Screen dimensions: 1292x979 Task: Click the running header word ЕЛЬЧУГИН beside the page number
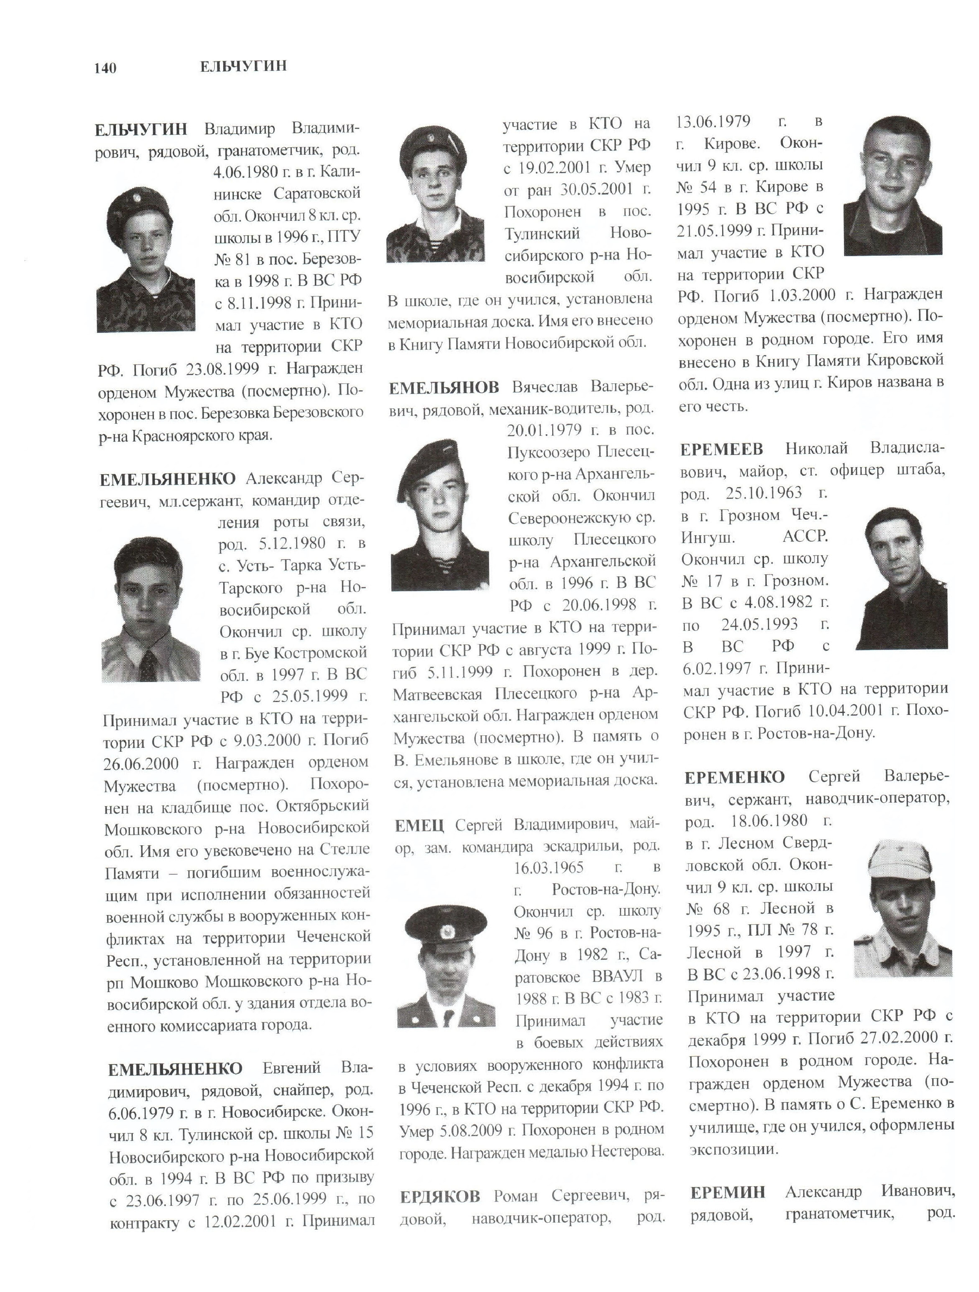pos(243,67)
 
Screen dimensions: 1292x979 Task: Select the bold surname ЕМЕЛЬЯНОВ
pos(444,387)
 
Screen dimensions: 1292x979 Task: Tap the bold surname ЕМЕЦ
pos(419,825)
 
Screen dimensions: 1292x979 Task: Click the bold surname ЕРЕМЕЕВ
pos(722,450)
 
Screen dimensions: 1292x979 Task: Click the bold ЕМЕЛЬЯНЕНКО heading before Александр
pos(168,479)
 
